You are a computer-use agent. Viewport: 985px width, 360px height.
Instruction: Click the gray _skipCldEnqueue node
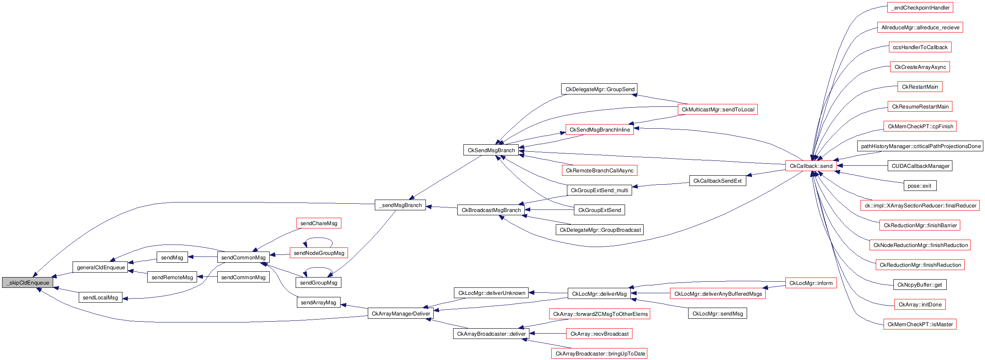(x=28, y=283)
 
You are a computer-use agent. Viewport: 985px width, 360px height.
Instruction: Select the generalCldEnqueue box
(x=100, y=267)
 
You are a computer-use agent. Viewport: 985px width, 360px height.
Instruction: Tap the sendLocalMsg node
(x=100, y=297)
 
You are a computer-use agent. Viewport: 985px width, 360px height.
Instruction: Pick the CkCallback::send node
(x=811, y=166)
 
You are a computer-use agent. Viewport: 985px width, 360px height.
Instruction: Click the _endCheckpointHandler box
(x=920, y=8)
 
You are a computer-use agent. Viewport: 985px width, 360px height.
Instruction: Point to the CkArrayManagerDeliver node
(x=400, y=314)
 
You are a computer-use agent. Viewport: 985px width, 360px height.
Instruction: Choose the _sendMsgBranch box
(x=400, y=205)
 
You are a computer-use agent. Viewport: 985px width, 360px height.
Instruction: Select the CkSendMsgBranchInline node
(x=599, y=130)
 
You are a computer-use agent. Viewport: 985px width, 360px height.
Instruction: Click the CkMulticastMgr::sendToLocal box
(x=717, y=110)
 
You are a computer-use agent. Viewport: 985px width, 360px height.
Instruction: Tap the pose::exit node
(x=919, y=186)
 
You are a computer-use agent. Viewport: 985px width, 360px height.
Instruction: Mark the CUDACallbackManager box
(x=920, y=166)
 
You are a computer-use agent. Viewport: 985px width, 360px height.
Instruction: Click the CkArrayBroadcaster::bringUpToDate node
(x=599, y=354)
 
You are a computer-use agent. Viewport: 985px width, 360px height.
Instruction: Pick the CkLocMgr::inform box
(x=811, y=283)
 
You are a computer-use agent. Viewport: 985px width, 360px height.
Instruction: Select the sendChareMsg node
(x=319, y=224)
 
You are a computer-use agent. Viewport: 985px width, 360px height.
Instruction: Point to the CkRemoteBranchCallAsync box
(x=599, y=171)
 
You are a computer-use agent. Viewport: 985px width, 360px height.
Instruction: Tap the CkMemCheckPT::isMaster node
(x=919, y=325)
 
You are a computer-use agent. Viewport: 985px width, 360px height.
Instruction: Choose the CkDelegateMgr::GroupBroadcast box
(x=599, y=230)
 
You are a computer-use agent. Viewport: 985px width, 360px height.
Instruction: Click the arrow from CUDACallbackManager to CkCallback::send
(x=862, y=166)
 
